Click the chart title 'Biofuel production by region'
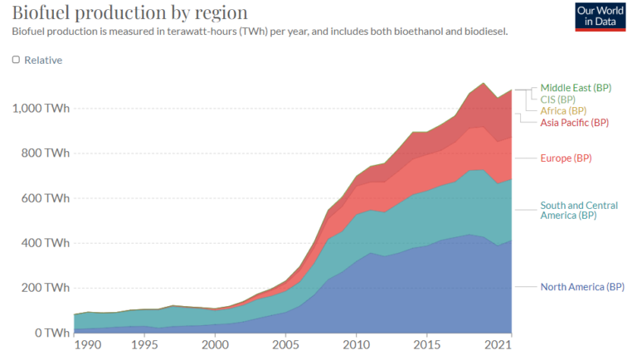click(129, 12)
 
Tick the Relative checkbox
click(16, 60)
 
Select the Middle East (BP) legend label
click(576, 87)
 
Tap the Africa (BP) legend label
click(563, 110)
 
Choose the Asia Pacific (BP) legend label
click(574, 122)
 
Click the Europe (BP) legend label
click(565, 158)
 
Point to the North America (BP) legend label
click(581, 287)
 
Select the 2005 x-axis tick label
click(285, 344)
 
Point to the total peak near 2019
click(484, 83)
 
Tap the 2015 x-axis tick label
click(427, 344)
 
